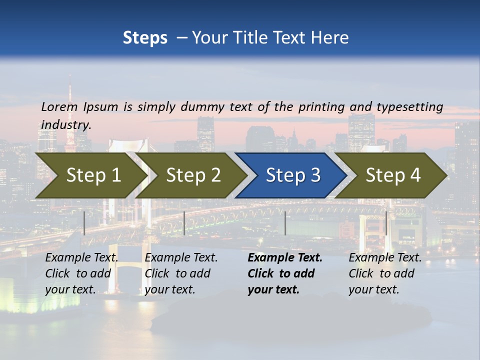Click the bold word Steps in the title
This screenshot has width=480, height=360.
tap(145, 38)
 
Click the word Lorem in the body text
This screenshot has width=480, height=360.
tap(59, 106)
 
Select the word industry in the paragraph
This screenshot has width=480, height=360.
tap(65, 125)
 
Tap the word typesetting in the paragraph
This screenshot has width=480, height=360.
tap(409, 107)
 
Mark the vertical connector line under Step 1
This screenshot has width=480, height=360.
tap(84, 223)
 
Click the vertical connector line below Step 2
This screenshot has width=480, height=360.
tap(184, 223)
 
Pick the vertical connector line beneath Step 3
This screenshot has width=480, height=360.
tap(285, 223)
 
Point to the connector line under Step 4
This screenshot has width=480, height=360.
tap(386, 223)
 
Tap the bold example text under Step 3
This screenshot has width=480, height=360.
tap(284, 273)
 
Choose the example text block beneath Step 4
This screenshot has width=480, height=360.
tap(384, 273)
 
